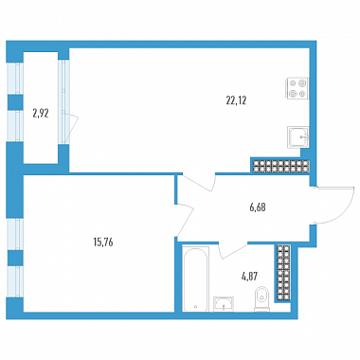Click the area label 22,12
(236, 100)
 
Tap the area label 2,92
(41, 113)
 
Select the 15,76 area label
(103, 243)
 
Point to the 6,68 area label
(257, 207)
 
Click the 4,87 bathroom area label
(249, 277)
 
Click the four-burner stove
(297, 88)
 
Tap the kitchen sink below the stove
(297, 136)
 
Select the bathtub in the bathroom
(196, 279)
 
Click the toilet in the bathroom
(261, 298)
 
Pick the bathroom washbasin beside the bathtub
(224, 304)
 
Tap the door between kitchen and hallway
(197, 183)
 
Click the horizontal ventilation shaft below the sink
(279, 167)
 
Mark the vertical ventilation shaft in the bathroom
(283, 273)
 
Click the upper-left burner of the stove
(293, 83)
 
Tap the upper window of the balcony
(15, 79)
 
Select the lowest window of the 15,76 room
(15, 281)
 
